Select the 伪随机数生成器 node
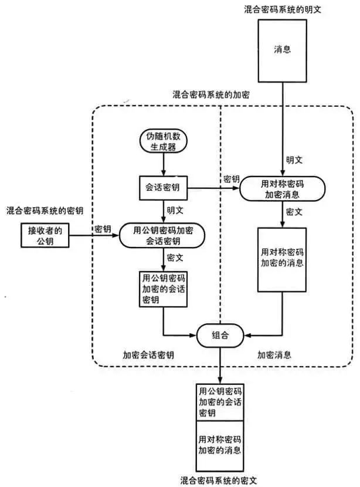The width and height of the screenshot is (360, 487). (162, 141)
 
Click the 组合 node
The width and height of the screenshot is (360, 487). (219, 336)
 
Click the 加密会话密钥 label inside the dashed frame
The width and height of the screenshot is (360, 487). (148, 356)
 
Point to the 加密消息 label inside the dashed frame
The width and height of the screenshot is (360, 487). (274, 356)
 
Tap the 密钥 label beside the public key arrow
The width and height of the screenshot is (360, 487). (103, 228)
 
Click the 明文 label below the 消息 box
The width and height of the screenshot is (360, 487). (294, 160)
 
